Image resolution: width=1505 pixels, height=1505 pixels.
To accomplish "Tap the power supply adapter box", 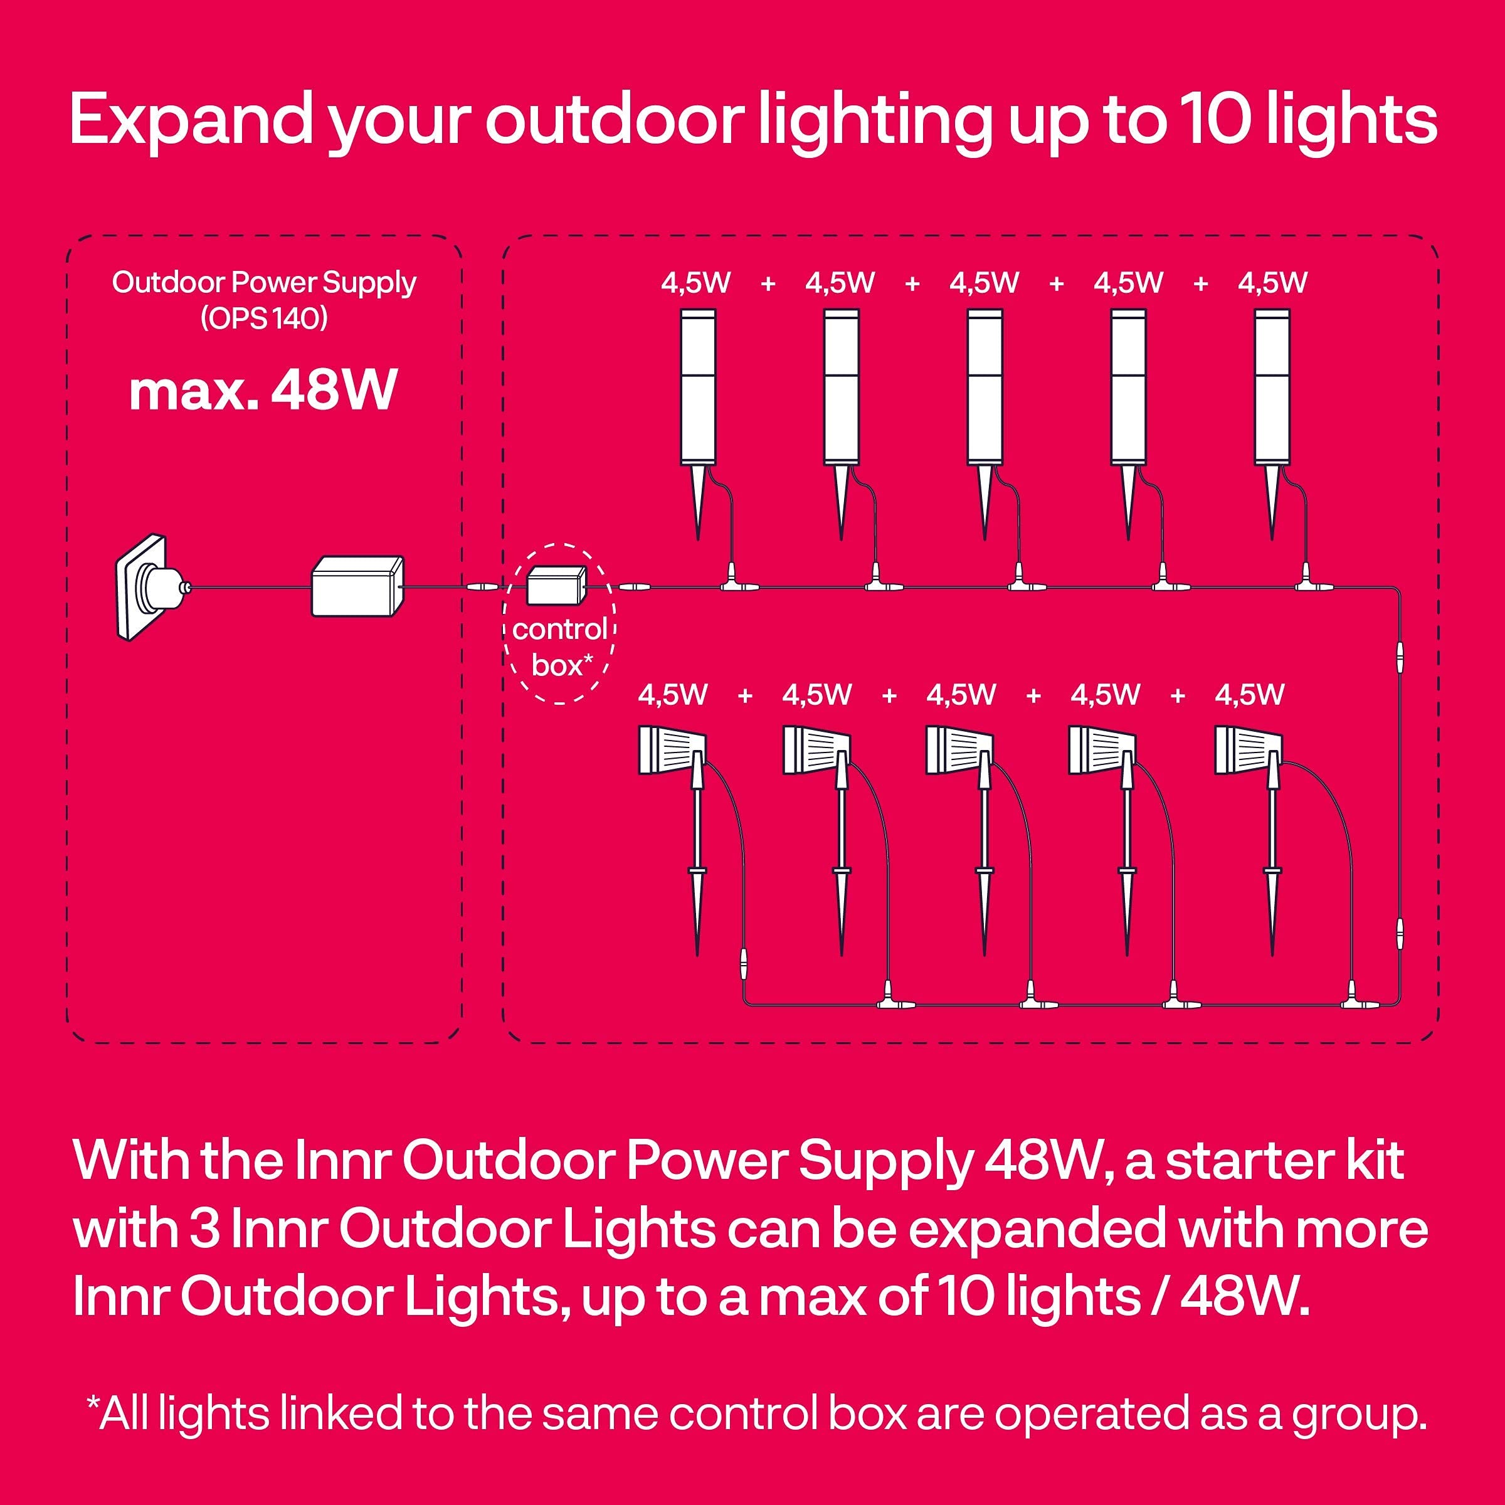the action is pyautogui.click(x=357, y=586).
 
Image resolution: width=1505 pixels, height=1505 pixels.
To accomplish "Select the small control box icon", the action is pyautogui.click(x=556, y=585).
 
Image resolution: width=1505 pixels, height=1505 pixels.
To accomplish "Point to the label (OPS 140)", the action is pyautogui.click(x=264, y=318).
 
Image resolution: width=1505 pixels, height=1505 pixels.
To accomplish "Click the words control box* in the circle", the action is pyautogui.click(x=560, y=647).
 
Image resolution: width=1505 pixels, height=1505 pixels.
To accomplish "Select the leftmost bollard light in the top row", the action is pyautogui.click(x=698, y=425).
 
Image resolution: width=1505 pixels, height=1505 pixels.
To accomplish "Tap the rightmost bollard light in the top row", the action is pyautogui.click(x=1272, y=425).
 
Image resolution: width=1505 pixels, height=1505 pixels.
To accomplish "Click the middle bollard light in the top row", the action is pyautogui.click(x=985, y=425).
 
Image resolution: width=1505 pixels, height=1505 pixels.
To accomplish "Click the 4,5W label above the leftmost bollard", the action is pyautogui.click(x=695, y=282).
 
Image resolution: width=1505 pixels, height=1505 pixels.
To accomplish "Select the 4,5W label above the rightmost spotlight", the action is pyautogui.click(x=1250, y=694).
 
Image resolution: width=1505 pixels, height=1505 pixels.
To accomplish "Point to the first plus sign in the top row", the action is pyautogui.click(x=768, y=283).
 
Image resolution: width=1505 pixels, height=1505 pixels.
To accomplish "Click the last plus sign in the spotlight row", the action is pyautogui.click(x=1178, y=695).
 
